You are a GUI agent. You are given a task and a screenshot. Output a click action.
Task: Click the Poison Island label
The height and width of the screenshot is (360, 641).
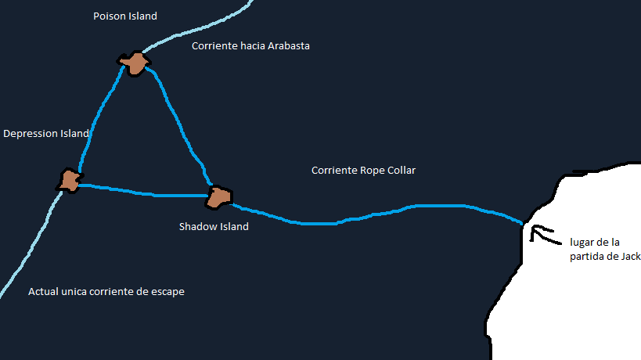tap(125, 16)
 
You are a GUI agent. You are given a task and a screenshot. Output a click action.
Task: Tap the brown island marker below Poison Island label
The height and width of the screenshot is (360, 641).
tap(135, 63)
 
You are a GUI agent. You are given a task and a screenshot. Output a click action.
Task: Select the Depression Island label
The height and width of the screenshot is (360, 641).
tap(46, 134)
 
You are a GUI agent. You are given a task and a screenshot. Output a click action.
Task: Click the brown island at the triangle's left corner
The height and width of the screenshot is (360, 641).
tap(70, 180)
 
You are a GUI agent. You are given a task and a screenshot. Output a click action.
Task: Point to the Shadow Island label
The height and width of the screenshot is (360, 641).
tap(214, 226)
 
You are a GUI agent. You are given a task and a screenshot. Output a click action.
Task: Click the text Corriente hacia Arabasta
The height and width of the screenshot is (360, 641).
tap(250, 45)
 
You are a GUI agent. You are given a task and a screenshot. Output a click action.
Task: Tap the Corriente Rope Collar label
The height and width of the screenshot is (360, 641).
tap(363, 171)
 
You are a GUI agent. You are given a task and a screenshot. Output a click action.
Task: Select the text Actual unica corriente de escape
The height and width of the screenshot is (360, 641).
tap(106, 292)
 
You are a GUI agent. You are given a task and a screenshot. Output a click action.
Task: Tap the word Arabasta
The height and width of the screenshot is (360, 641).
tap(289, 45)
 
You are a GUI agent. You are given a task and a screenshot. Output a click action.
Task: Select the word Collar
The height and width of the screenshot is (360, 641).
tap(402, 171)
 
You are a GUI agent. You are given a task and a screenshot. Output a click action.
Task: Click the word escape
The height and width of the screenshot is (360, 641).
tap(168, 292)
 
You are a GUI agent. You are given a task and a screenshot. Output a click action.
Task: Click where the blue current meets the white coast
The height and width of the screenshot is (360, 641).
tap(523, 224)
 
